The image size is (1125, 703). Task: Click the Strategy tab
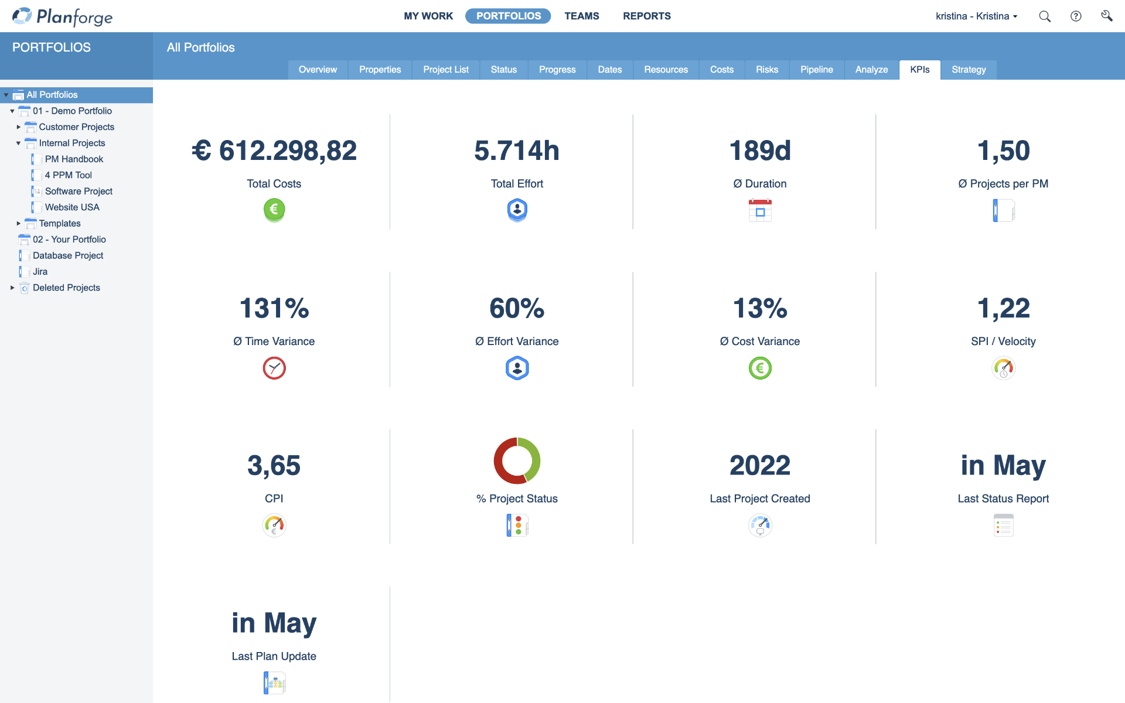968,70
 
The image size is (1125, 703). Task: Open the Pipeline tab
816,70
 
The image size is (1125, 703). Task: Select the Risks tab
766,70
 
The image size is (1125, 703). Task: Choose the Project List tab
445,70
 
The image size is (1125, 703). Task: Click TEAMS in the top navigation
581,16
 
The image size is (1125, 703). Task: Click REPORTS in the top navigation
646,16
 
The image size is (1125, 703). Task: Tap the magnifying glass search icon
1044,16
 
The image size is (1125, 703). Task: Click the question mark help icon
1075,16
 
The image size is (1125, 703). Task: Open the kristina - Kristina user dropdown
976,16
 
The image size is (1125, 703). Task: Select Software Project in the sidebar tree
79,191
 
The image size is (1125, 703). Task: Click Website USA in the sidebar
72,207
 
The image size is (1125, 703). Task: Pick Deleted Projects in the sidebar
66,288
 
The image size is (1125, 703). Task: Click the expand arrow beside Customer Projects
19,127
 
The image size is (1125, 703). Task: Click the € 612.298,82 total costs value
274,151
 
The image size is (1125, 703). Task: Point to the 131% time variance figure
274,308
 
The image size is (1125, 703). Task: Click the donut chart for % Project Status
517,460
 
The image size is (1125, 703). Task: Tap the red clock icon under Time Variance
274,368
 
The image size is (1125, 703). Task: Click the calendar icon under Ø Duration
760,210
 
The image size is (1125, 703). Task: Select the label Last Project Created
759,499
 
